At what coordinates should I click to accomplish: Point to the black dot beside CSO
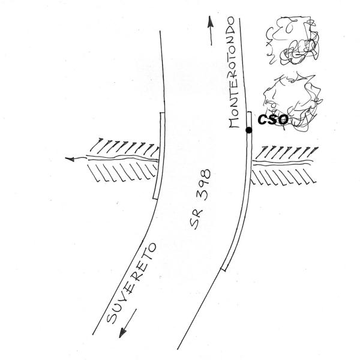249,130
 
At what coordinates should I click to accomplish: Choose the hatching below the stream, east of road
282,176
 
